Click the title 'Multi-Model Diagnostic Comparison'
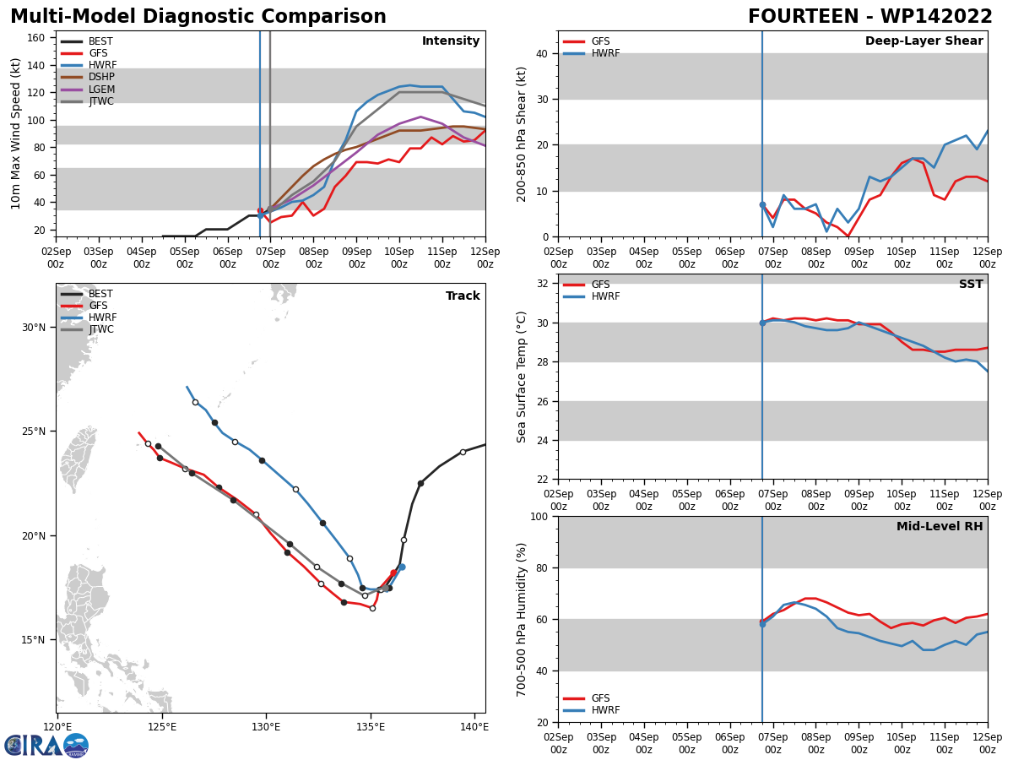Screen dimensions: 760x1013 pyautogui.click(x=198, y=17)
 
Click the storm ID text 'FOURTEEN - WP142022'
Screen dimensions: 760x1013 pyautogui.click(x=869, y=17)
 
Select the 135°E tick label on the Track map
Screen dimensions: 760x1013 pyautogui.click(x=370, y=726)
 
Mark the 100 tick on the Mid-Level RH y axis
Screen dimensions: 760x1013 pyautogui.click(x=540, y=516)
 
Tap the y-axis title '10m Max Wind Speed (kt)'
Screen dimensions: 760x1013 pyautogui.click(x=16, y=133)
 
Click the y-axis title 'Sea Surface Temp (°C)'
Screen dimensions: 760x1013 pyautogui.click(x=522, y=377)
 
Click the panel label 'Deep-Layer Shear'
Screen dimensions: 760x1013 pyautogui.click(x=924, y=41)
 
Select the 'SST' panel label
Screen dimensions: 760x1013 pyautogui.click(x=970, y=285)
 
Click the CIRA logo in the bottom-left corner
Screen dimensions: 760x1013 pyautogui.click(x=46, y=745)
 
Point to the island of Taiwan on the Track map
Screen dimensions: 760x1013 pyautogui.click(x=79, y=459)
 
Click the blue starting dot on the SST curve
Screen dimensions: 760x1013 pyautogui.click(x=762, y=323)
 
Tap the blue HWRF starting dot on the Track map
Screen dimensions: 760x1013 pyautogui.click(x=402, y=567)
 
